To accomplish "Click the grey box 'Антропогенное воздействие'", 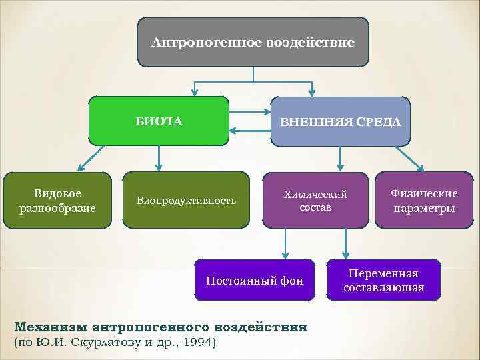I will click(x=253, y=42).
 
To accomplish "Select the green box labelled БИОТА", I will click(x=159, y=121).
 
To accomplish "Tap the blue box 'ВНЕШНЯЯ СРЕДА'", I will click(x=340, y=121).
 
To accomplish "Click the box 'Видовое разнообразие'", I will click(x=57, y=201).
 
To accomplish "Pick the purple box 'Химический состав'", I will click(x=315, y=201).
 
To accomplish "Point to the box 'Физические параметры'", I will click(x=424, y=201).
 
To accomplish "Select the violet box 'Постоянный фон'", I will click(x=255, y=281).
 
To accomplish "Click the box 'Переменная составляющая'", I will click(x=383, y=281).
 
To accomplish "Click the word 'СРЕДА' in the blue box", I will click(x=379, y=122).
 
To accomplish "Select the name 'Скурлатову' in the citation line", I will click(x=113, y=343).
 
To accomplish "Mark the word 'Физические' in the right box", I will click(x=424, y=193).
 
